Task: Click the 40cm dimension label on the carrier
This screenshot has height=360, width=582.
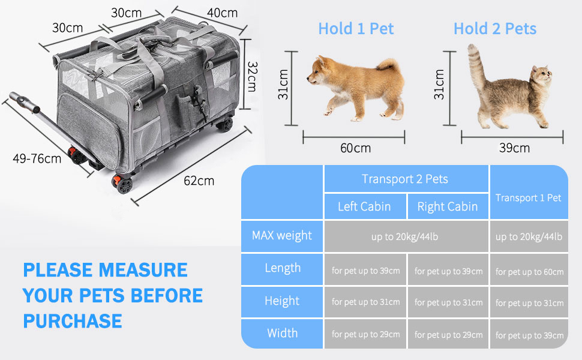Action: (x=222, y=13)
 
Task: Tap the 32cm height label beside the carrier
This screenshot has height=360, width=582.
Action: (x=252, y=76)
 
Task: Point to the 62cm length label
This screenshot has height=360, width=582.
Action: (x=199, y=181)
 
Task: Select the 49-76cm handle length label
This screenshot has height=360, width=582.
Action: (x=37, y=159)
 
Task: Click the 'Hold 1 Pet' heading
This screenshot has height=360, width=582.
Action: (x=356, y=29)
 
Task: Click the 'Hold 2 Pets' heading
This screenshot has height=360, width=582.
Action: (x=495, y=29)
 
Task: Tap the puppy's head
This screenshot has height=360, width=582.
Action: (x=319, y=70)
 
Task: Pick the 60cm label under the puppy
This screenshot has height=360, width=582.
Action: (x=356, y=148)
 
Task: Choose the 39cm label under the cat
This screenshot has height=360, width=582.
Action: (x=514, y=148)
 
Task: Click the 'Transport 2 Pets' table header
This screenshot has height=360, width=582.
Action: (x=405, y=179)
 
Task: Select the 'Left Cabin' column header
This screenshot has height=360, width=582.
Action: (x=364, y=206)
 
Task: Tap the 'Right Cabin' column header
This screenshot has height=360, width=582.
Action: (x=447, y=206)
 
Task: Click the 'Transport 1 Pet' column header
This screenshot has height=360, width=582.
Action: (x=528, y=198)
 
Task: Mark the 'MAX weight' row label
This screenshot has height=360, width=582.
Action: (x=282, y=235)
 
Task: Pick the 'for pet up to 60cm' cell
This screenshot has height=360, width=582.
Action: (x=529, y=272)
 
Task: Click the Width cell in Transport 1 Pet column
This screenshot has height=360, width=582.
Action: (x=529, y=335)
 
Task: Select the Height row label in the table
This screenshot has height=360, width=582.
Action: (x=282, y=301)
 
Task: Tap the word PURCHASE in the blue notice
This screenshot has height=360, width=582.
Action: (x=73, y=321)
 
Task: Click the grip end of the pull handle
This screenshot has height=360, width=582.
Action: (x=25, y=101)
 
